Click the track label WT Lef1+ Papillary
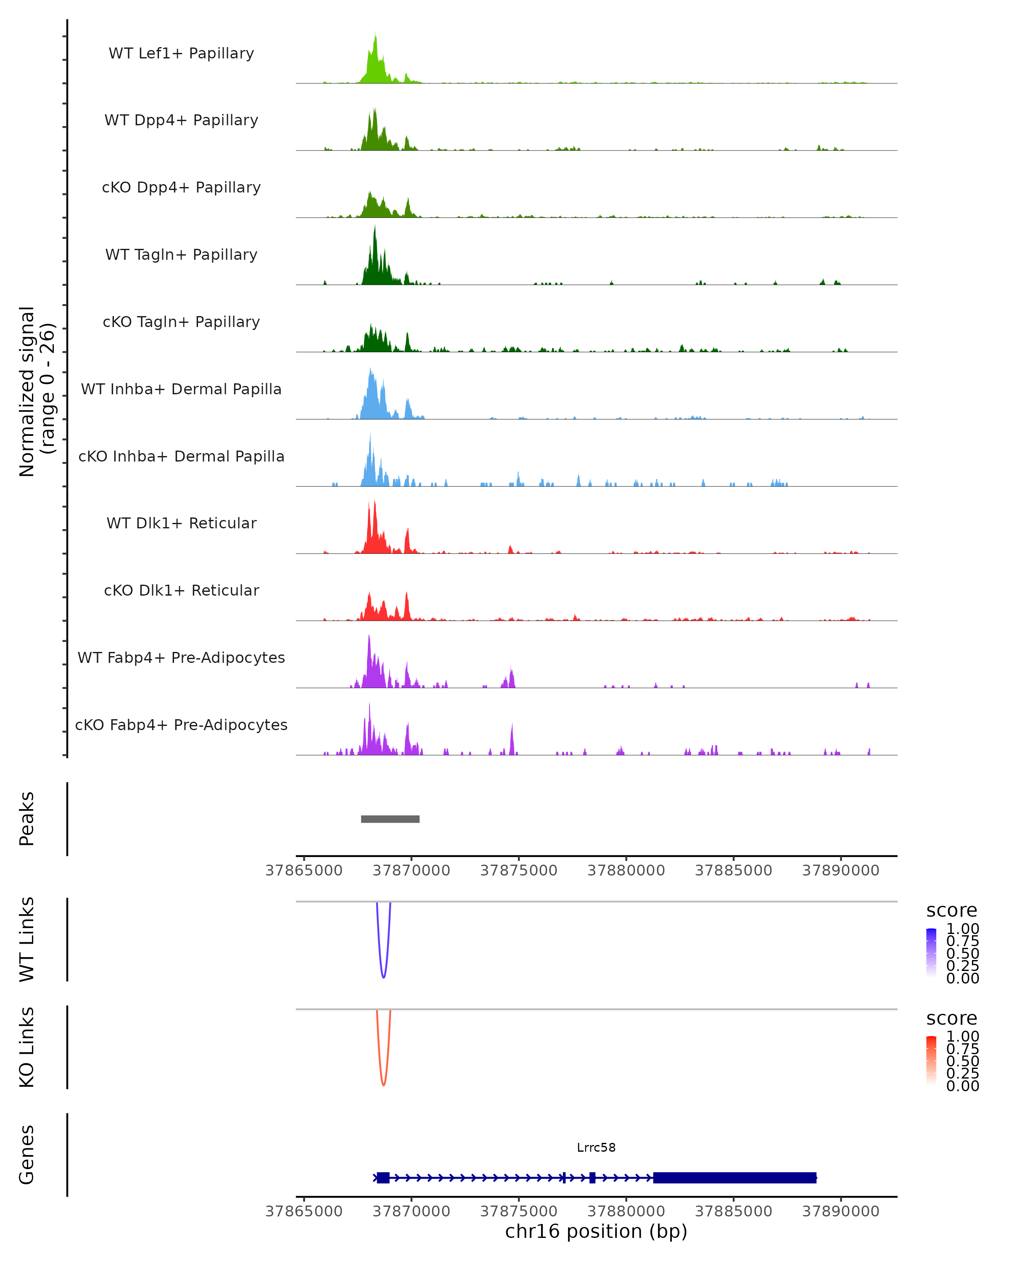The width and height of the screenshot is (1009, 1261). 181,53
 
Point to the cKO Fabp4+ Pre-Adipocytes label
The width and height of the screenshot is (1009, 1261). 181,725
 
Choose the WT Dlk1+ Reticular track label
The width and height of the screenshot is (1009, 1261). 181,523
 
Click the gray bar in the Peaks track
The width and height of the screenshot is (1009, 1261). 390,819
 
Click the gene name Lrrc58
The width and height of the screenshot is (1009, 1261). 596,1148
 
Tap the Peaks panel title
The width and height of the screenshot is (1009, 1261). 27,819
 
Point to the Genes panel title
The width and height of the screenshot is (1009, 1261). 27,1155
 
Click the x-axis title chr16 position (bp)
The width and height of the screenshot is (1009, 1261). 596,1231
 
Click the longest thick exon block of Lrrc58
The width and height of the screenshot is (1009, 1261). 734,1177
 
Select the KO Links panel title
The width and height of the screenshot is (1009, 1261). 27,1047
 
